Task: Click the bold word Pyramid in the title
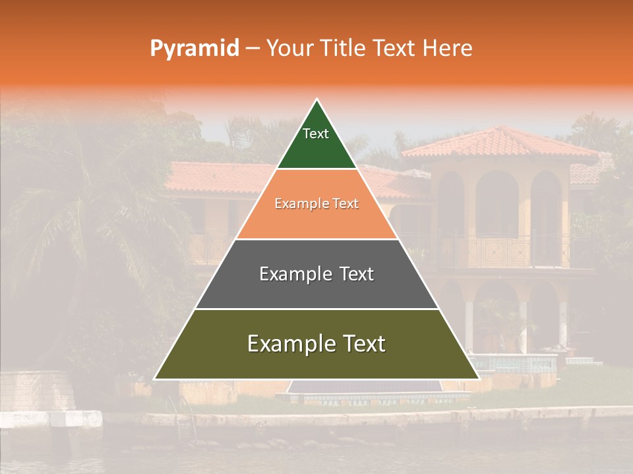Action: [194, 49]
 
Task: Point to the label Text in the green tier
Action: [316, 134]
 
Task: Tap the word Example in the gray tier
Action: [289, 274]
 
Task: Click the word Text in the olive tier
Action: [359, 344]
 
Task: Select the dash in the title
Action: [253, 49]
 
